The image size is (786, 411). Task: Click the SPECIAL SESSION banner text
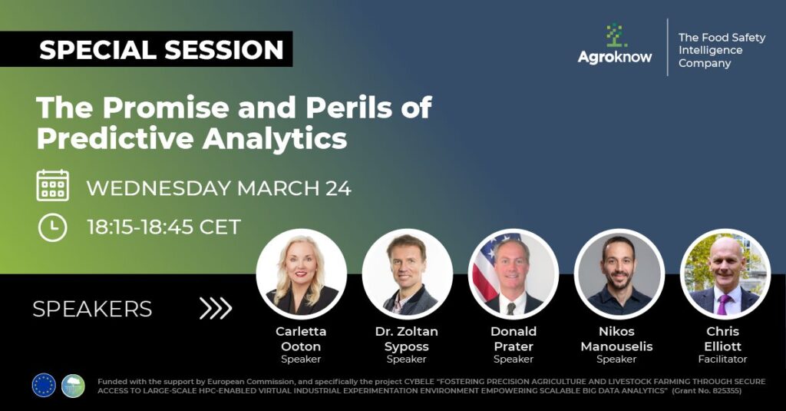(x=161, y=50)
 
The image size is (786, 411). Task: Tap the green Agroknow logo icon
(x=615, y=35)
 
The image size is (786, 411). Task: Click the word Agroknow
(x=615, y=57)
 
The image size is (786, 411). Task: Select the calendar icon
(x=53, y=186)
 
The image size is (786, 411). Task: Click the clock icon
(x=53, y=227)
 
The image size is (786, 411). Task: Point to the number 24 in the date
(x=339, y=188)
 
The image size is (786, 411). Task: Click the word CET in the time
(x=220, y=227)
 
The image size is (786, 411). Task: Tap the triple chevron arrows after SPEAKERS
(x=216, y=308)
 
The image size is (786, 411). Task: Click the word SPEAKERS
(x=92, y=309)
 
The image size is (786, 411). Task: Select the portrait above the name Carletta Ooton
(x=301, y=274)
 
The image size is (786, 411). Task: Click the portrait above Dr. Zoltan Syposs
(x=407, y=274)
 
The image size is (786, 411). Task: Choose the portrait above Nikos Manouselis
(x=619, y=274)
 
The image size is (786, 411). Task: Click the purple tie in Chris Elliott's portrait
(x=723, y=304)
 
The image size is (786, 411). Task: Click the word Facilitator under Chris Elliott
(x=722, y=360)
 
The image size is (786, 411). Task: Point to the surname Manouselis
(x=616, y=346)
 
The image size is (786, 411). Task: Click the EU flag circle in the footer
(x=44, y=386)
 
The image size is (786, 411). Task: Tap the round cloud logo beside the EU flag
(x=73, y=386)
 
